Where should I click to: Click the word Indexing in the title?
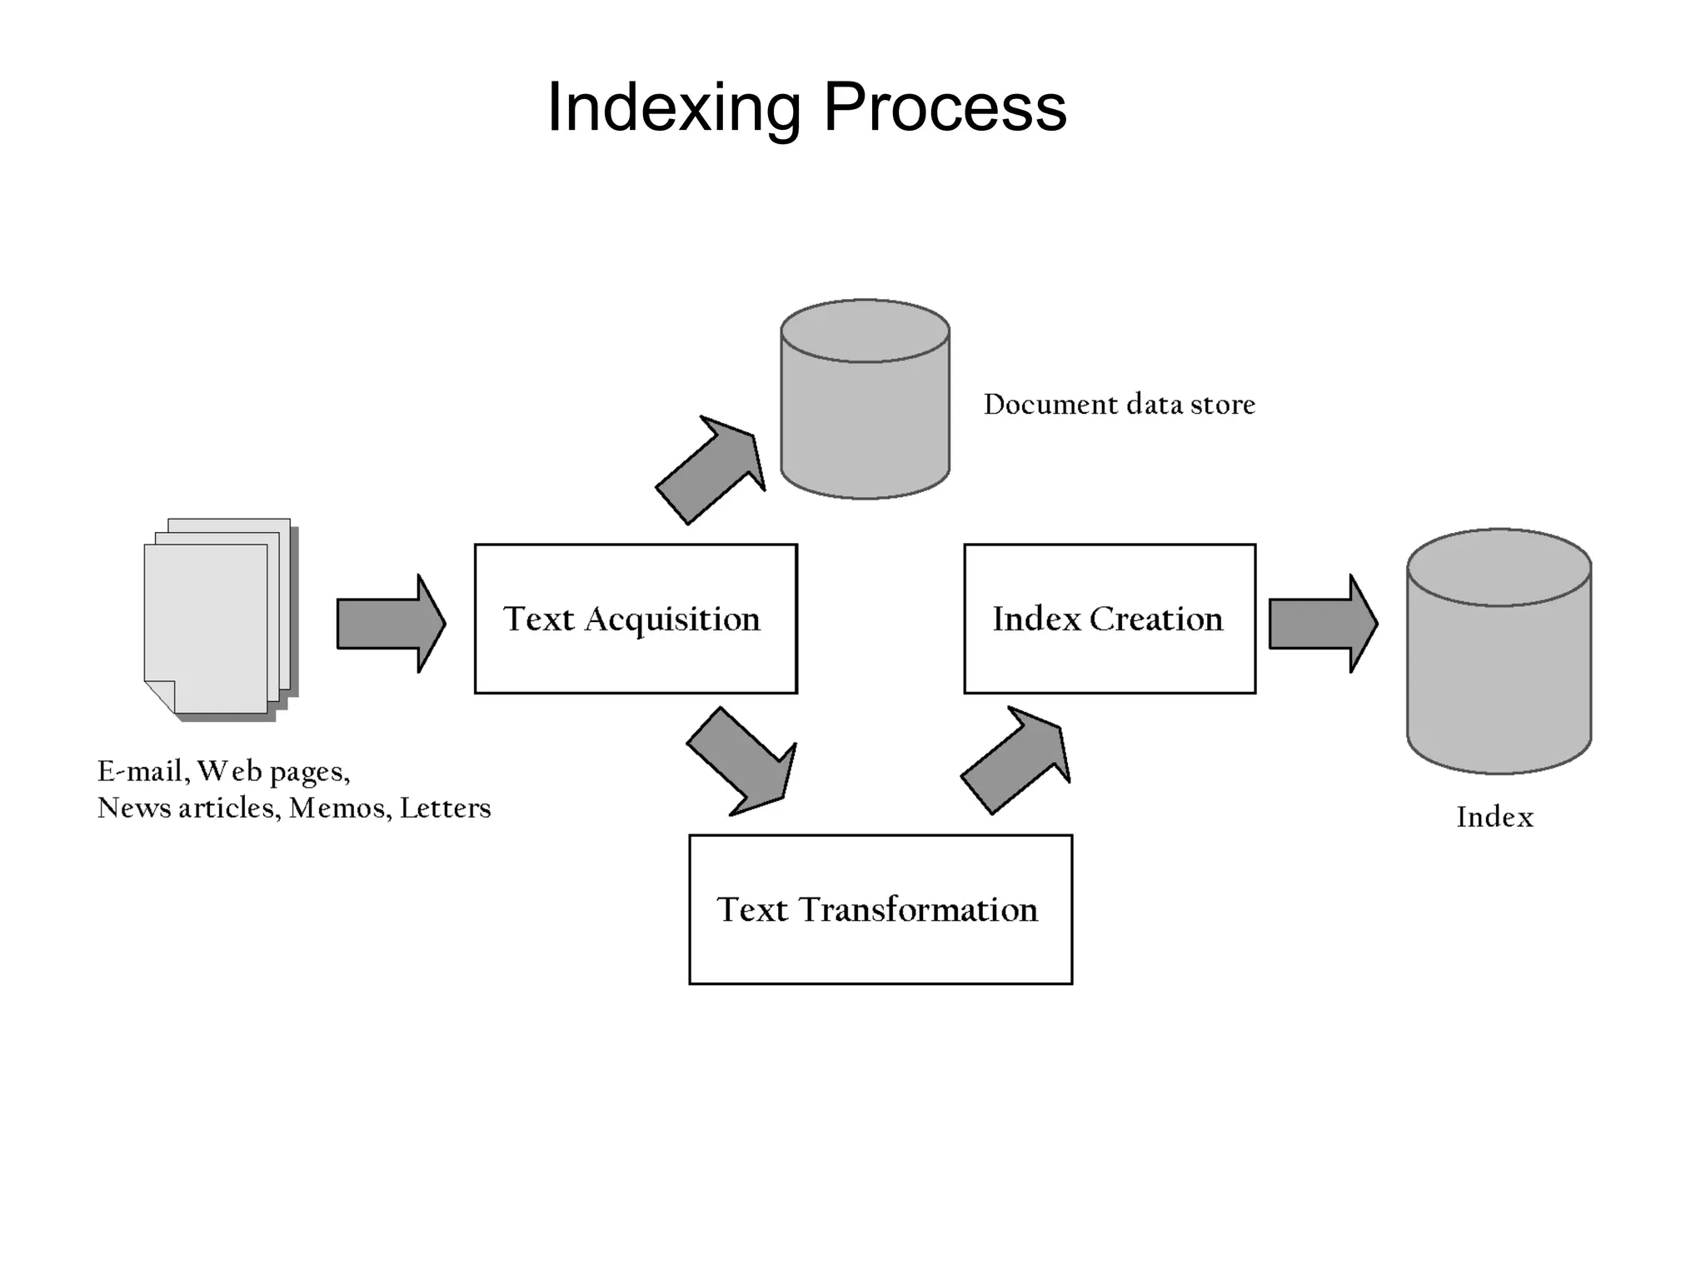click(673, 108)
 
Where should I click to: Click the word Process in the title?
click(945, 108)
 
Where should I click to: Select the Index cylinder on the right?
click(1499, 666)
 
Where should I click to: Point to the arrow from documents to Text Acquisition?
click(390, 623)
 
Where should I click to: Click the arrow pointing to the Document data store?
click(711, 471)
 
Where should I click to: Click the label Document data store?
click(1119, 405)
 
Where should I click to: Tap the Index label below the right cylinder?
click(1494, 817)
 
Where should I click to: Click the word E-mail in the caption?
click(139, 772)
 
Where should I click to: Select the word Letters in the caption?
click(445, 809)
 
